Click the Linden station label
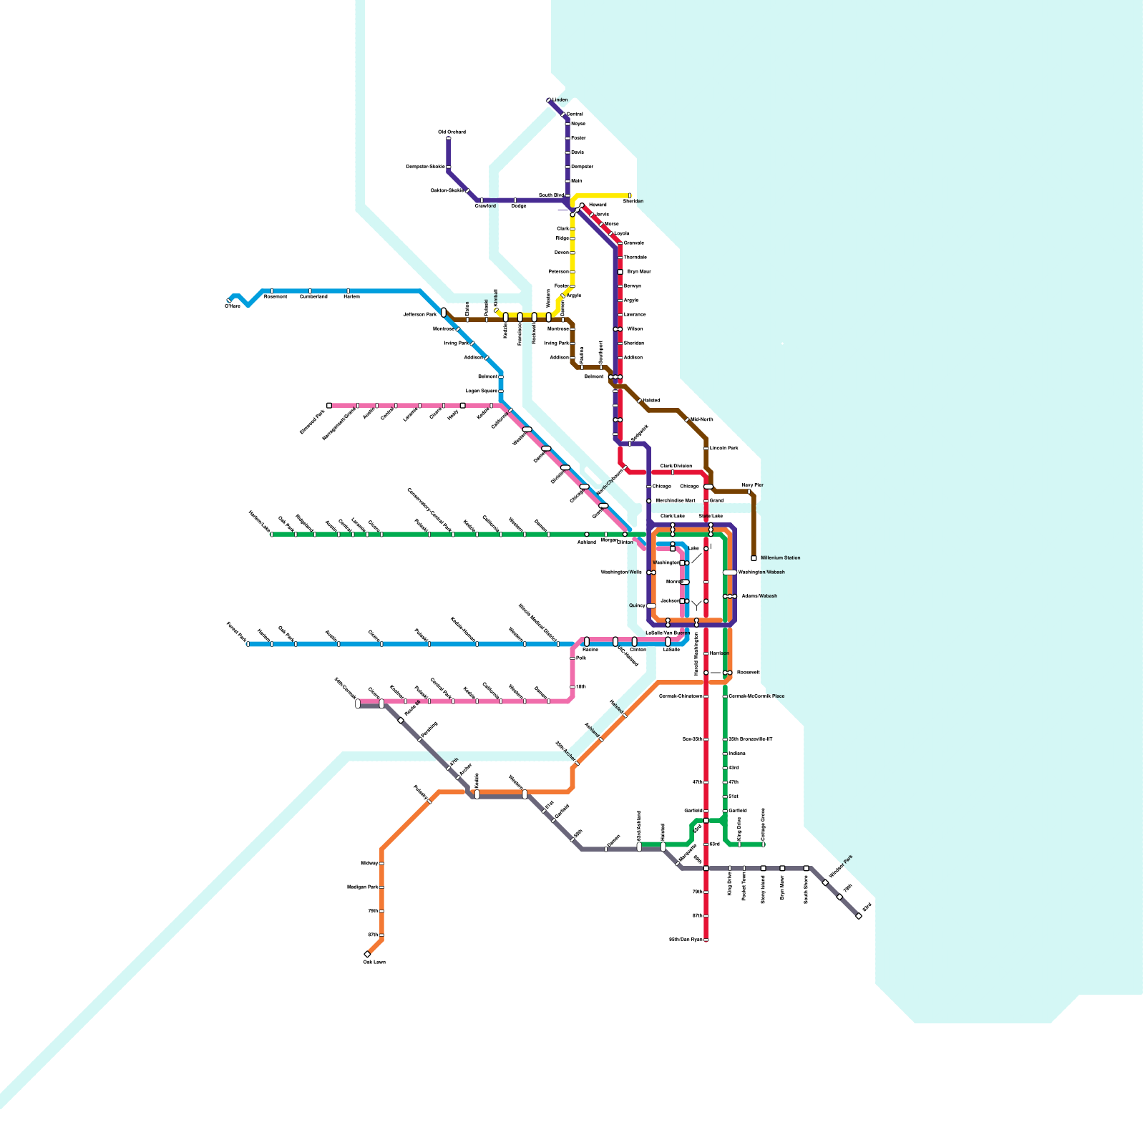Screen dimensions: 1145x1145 [560, 100]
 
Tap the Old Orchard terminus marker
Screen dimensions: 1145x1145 [449, 138]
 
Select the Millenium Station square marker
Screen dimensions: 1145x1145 [754, 558]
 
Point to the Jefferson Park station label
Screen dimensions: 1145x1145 [419, 314]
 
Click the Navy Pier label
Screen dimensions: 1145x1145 [752, 485]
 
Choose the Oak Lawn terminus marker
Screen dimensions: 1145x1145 [367, 954]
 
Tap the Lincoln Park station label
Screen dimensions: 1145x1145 [723, 448]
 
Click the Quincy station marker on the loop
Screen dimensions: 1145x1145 [651, 605]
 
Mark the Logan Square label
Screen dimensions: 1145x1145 [481, 391]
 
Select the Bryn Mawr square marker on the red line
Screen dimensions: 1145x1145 [620, 272]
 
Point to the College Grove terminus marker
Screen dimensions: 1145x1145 [764, 844]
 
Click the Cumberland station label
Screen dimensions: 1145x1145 [313, 296]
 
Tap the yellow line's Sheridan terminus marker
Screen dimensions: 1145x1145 [630, 195]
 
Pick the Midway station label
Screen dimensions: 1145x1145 [369, 864]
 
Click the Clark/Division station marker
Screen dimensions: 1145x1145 [673, 472]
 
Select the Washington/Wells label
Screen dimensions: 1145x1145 [621, 572]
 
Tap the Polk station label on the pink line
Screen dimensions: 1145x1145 [581, 658]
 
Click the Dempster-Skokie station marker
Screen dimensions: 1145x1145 [449, 167]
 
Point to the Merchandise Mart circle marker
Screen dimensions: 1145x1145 [649, 501]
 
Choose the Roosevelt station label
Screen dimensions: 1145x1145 [749, 673]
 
